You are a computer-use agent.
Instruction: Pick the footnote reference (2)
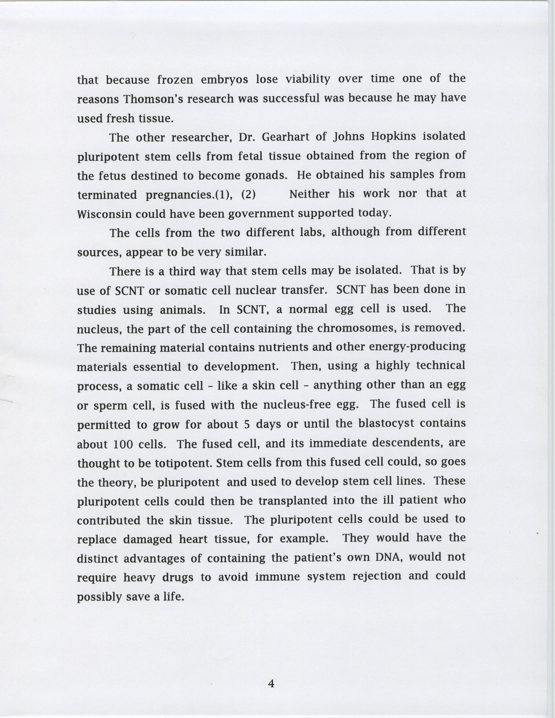pyautogui.click(x=249, y=195)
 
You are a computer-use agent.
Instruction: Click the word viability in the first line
pyautogui.click(x=308, y=80)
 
